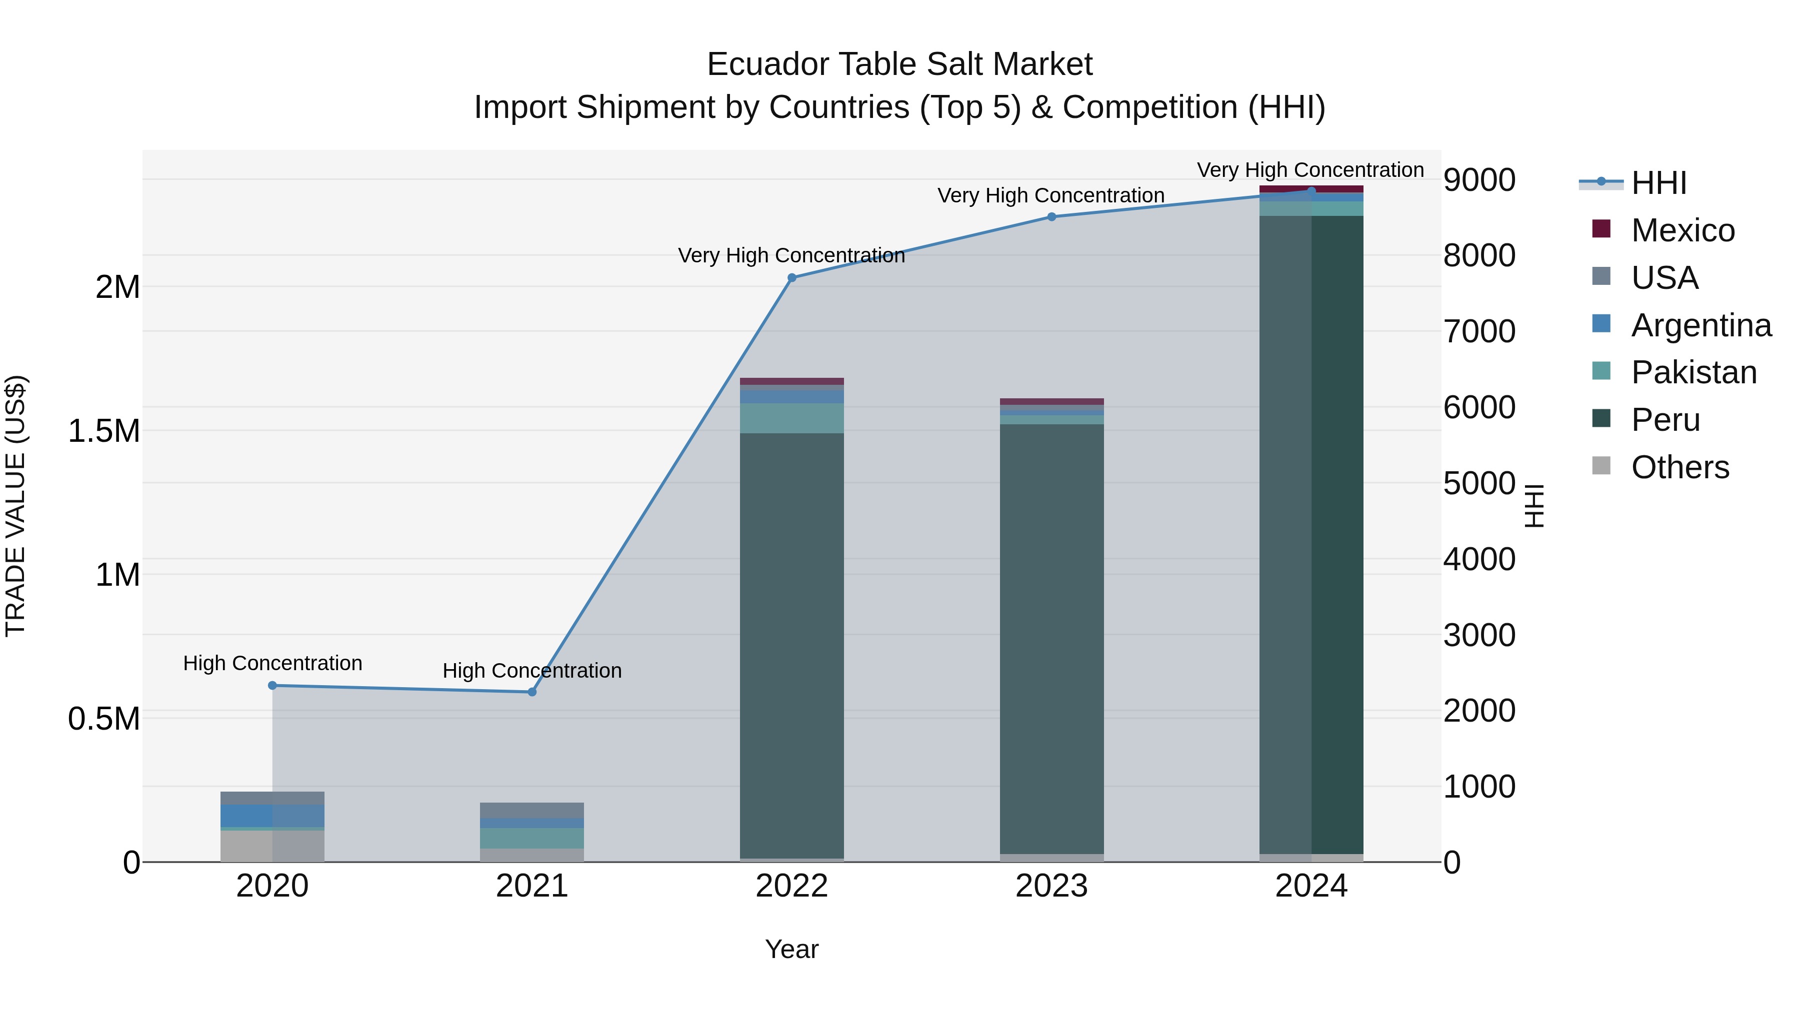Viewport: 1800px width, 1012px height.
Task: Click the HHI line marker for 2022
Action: pyautogui.click(x=791, y=278)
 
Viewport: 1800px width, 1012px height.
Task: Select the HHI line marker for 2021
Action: pyautogui.click(x=532, y=692)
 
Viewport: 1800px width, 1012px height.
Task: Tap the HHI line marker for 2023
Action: pyautogui.click(x=1051, y=217)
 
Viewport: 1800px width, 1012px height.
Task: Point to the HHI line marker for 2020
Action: pyautogui.click(x=272, y=686)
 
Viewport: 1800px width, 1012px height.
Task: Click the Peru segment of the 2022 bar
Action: pyautogui.click(x=791, y=643)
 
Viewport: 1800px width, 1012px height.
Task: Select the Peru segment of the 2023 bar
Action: pyautogui.click(x=1051, y=636)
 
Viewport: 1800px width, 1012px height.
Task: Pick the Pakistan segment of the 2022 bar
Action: pyautogui.click(x=791, y=418)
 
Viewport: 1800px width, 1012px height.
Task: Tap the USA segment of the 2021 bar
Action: pyautogui.click(x=532, y=810)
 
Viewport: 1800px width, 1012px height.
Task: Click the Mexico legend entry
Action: pyautogui.click(x=1682, y=230)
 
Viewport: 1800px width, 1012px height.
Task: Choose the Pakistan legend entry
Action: pyautogui.click(x=1693, y=372)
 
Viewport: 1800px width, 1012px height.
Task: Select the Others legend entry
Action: pyautogui.click(x=1679, y=467)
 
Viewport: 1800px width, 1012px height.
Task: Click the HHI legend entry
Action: pyautogui.click(x=1658, y=183)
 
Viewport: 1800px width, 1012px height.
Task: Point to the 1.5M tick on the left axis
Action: pyautogui.click(x=104, y=431)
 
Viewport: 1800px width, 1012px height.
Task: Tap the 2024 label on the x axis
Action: pyautogui.click(x=1311, y=886)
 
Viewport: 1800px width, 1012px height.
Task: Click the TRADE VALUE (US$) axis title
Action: pyautogui.click(x=15, y=506)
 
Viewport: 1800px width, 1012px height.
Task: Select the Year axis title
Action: pyautogui.click(x=791, y=949)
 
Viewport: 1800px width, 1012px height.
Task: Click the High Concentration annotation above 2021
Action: pyautogui.click(x=532, y=671)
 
